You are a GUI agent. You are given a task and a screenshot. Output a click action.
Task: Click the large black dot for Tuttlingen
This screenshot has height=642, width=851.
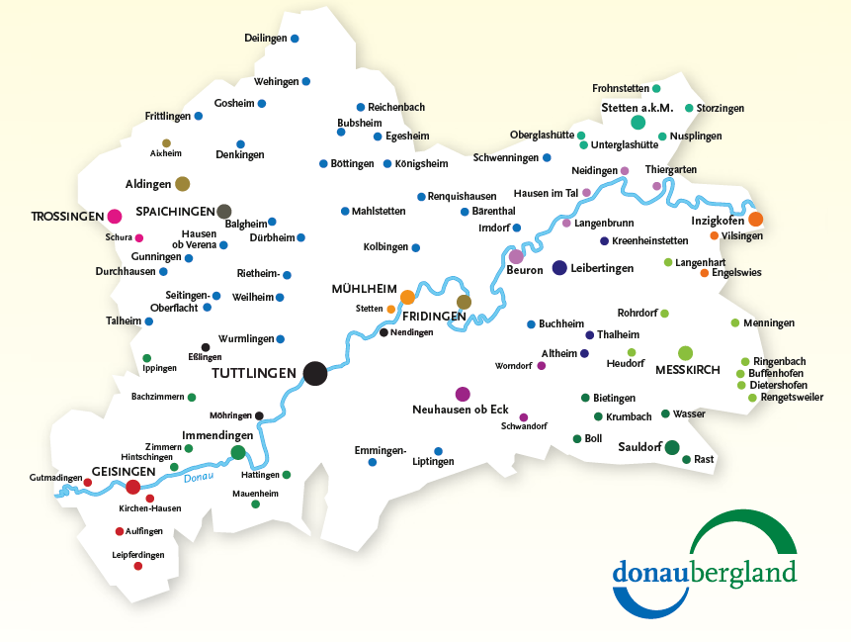click(x=314, y=373)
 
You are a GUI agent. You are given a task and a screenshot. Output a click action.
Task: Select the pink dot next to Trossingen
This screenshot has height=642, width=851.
click(x=115, y=216)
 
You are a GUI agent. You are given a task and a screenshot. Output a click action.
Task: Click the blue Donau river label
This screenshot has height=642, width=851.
click(x=199, y=479)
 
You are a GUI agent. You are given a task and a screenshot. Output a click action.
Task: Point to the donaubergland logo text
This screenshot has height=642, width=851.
click(x=704, y=572)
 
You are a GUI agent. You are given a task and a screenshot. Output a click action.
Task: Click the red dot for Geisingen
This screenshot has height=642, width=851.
click(x=132, y=487)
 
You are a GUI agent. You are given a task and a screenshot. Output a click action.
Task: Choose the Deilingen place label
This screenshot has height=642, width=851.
click(x=265, y=39)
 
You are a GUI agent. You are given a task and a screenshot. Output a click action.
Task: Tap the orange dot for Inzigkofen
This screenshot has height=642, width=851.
click(x=755, y=219)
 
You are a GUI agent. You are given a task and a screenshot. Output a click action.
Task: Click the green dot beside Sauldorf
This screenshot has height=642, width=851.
click(x=672, y=447)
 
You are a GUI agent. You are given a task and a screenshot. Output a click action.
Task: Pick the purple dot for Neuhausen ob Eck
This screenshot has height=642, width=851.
click(x=462, y=394)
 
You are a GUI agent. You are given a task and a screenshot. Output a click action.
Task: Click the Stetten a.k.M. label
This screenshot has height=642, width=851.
click(x=637, y=107)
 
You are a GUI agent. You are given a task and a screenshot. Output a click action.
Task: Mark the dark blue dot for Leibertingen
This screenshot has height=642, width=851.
click(x=559, y=267)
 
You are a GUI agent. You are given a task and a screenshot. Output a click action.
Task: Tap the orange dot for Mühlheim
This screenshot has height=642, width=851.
click(x=407, y=297)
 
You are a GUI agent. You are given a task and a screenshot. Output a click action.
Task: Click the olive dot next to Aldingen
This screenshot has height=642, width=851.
click(x=182, y=183)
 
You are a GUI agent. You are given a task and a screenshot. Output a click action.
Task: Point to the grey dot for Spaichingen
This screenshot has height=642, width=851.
click(x=224, y=211)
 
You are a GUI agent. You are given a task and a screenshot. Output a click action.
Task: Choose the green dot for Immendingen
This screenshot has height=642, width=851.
click(x=238, y=453)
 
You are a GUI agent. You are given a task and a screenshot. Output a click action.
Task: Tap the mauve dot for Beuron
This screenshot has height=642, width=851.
click(x=516, y=256)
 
